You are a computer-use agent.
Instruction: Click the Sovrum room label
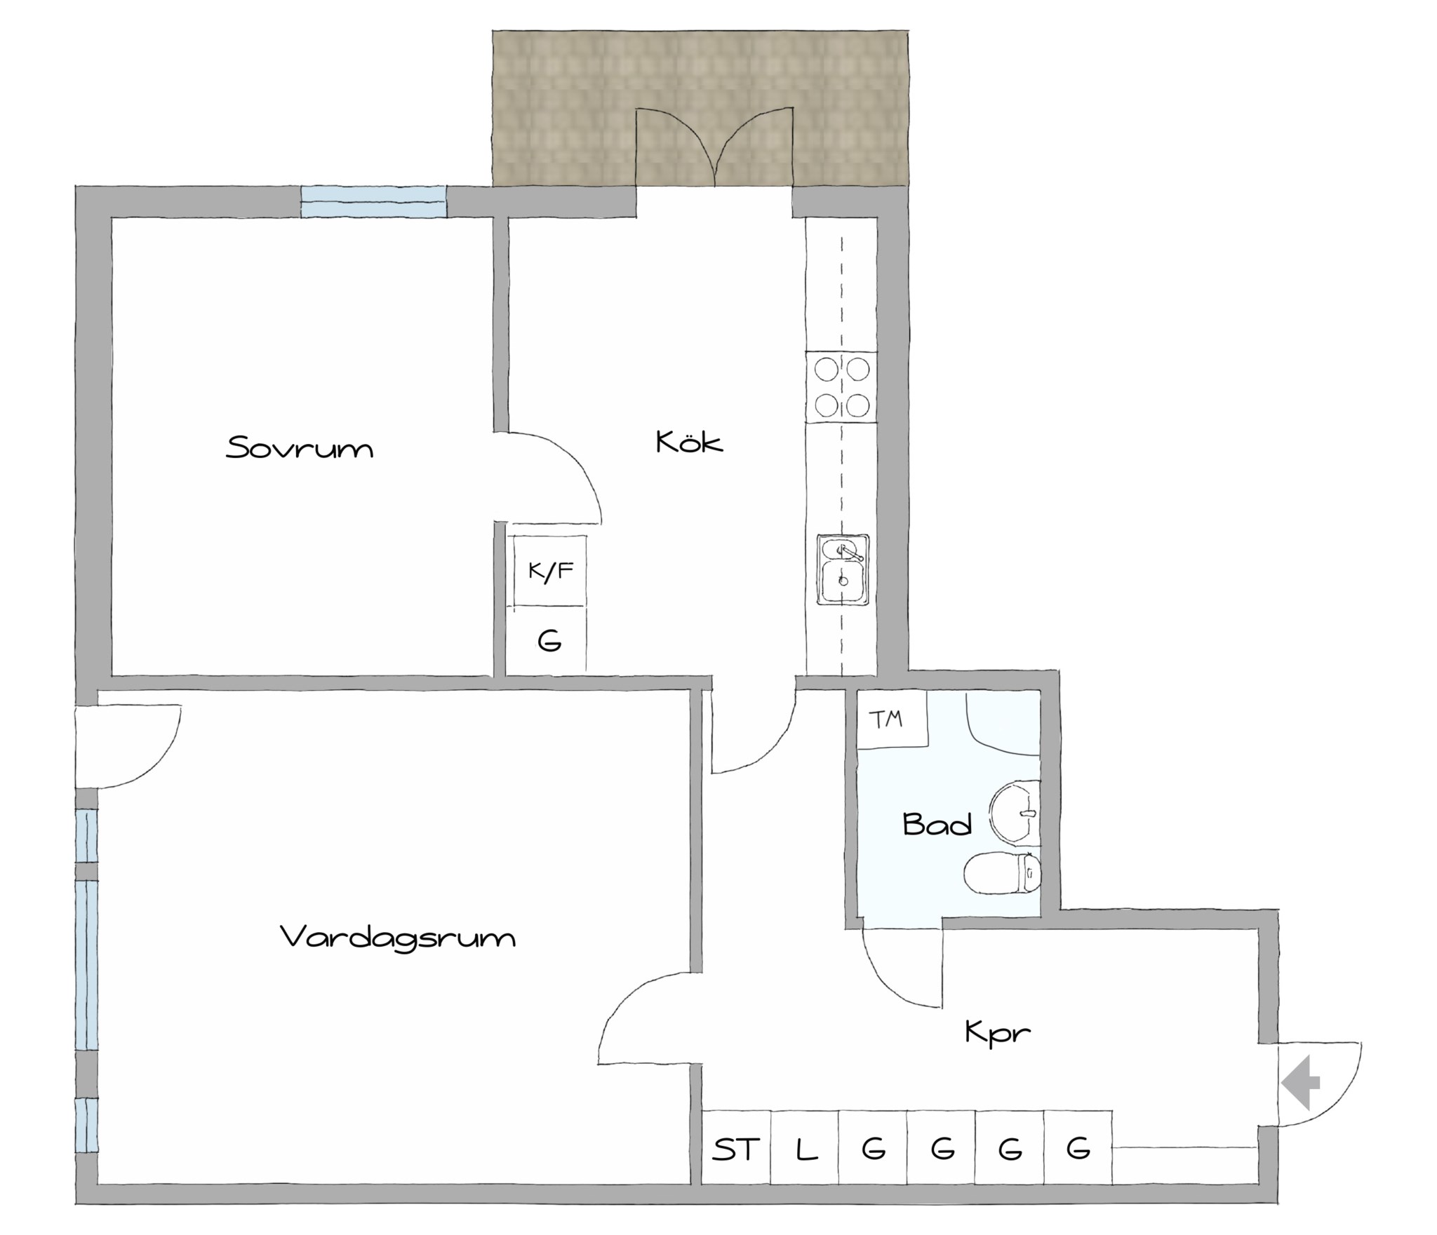click(x=300, y=447)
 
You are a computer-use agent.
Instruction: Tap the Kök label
click(x=689, y=441)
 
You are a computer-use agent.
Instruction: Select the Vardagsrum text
click(x=398, y=938)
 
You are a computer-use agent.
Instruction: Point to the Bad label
click(x=937, y=824)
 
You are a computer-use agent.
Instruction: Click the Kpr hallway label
click(x=998, y=1033)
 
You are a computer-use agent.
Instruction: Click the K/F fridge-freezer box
click(x=550, y=571)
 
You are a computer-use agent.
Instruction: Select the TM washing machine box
click(x=893, y=720)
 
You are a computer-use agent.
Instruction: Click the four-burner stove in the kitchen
click(x=841, y=387)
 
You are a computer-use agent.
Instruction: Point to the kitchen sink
click(x=842, y=570)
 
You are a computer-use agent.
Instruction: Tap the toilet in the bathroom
click(x=1002, y=874)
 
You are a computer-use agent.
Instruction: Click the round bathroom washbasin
click(x=1015, y=813)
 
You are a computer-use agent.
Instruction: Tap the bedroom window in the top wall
click(x=373, y=201)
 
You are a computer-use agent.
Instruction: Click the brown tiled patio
click(x=700, y=109)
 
